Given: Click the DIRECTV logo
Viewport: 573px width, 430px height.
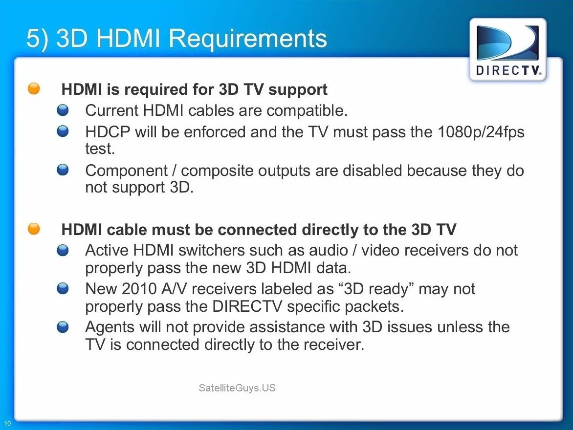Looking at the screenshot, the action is [x=508, y=50].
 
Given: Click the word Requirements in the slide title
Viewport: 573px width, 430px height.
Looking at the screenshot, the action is [x=248, y=39].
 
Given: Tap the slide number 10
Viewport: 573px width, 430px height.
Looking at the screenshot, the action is [x=8, y=424].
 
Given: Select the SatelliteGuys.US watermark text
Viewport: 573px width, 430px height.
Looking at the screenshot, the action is [x=237, y=387].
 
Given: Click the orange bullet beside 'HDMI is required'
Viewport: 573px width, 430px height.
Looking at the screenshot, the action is [x=34, y=88].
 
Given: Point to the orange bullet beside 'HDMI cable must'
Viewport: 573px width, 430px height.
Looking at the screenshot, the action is [x=34, y=229].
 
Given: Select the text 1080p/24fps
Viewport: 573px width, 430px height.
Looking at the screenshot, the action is [x=481, y=132].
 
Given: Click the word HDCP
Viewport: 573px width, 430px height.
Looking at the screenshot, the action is [x=108, y=132].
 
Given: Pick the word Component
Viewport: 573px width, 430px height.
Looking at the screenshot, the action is [x=127, y=171].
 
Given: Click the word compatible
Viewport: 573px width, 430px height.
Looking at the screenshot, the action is [x=307, y=111].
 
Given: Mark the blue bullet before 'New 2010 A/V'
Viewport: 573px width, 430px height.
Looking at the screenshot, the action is [x=63, y=289].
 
